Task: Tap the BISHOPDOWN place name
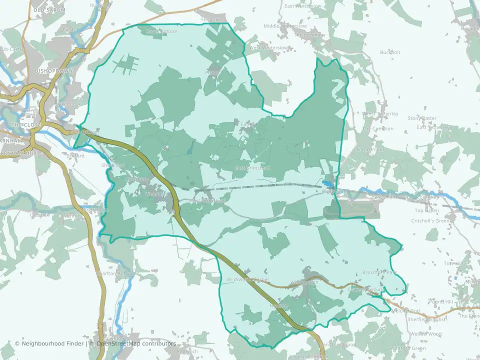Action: click(53, 71)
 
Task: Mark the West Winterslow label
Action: click(268, 47)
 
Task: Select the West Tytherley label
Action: click(380, 114)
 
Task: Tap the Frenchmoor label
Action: click(369, 149)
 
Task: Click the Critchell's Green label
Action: click(430, 220)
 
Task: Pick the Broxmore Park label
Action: click(378, 272)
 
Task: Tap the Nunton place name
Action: click(70, 216)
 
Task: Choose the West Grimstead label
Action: click(207, 200)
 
